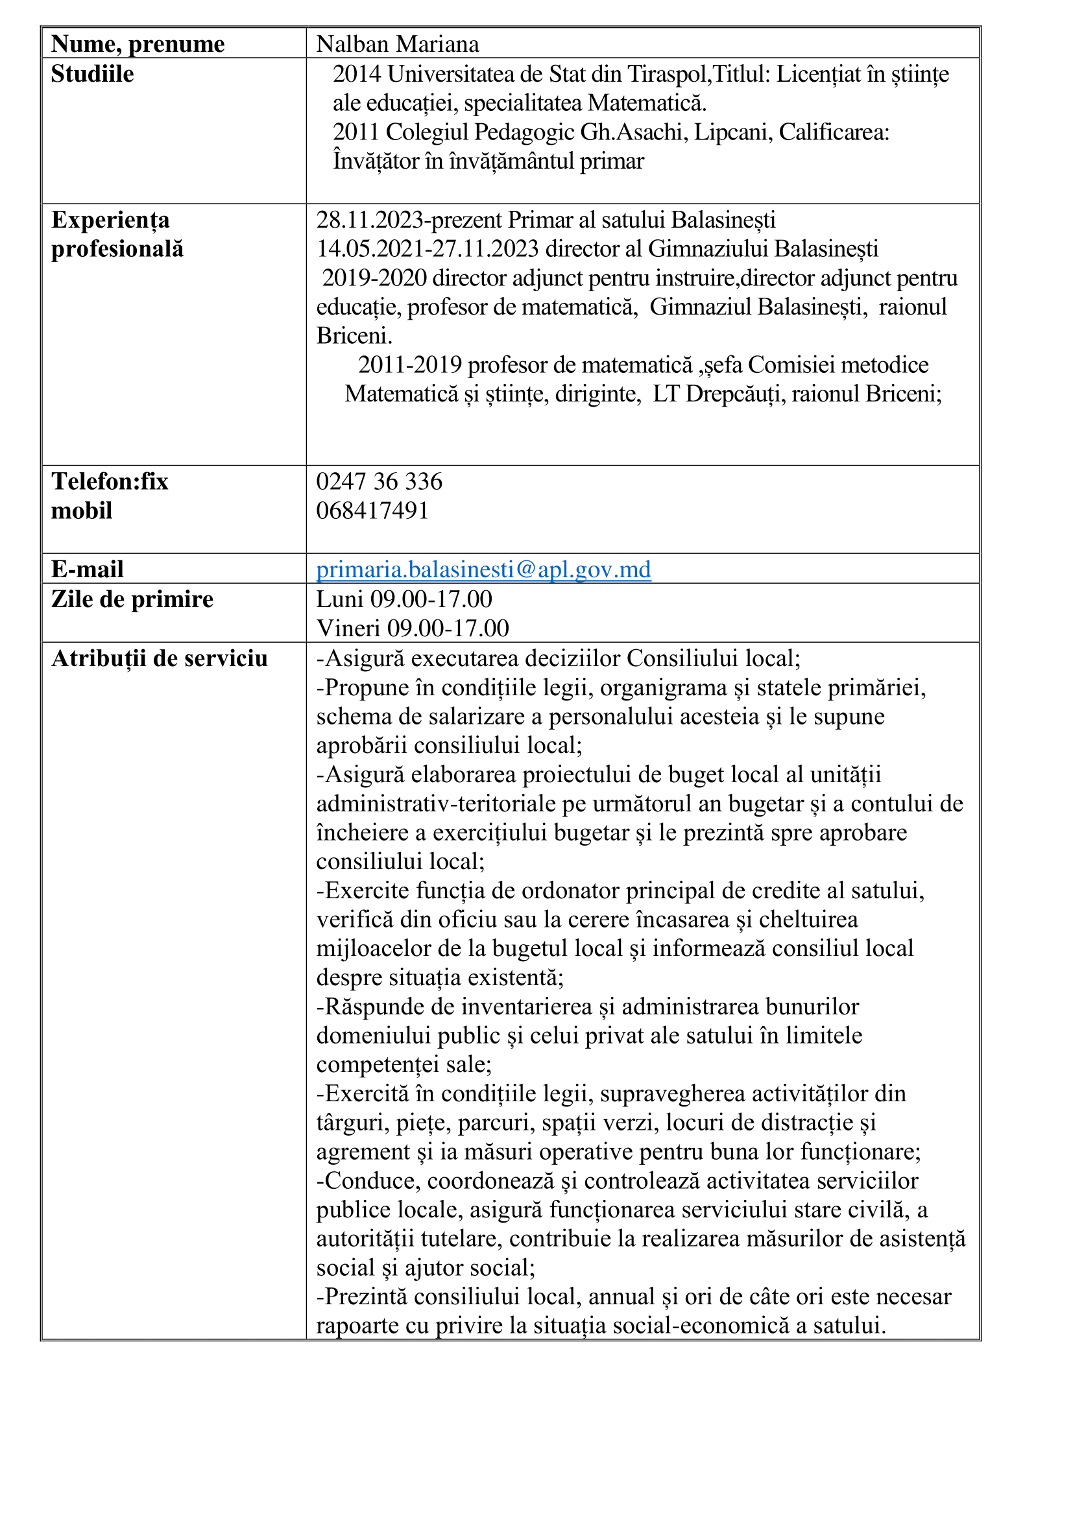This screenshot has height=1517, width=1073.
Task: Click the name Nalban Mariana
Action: tap(397, 44)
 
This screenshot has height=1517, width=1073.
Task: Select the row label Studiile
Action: tap(93, 74)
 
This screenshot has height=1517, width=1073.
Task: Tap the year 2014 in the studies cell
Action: tap(357, 74)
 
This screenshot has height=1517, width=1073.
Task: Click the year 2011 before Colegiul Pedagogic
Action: tap(357, 132)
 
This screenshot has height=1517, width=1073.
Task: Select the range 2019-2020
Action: tap(374, 278)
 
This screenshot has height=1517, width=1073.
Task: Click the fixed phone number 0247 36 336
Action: tap(380, 482)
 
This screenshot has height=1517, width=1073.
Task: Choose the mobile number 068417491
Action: tap(372, 510)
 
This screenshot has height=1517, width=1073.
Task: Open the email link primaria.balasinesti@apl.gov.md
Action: tap(484, 569)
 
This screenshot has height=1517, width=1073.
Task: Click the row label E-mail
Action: tap(88, 569)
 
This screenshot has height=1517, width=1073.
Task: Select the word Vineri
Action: tap(348, 628)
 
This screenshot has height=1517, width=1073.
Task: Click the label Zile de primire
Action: tap(132, 599)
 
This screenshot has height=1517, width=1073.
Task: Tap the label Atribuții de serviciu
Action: tap(159, 659)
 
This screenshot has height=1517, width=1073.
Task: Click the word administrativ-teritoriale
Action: tap(436, 804)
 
